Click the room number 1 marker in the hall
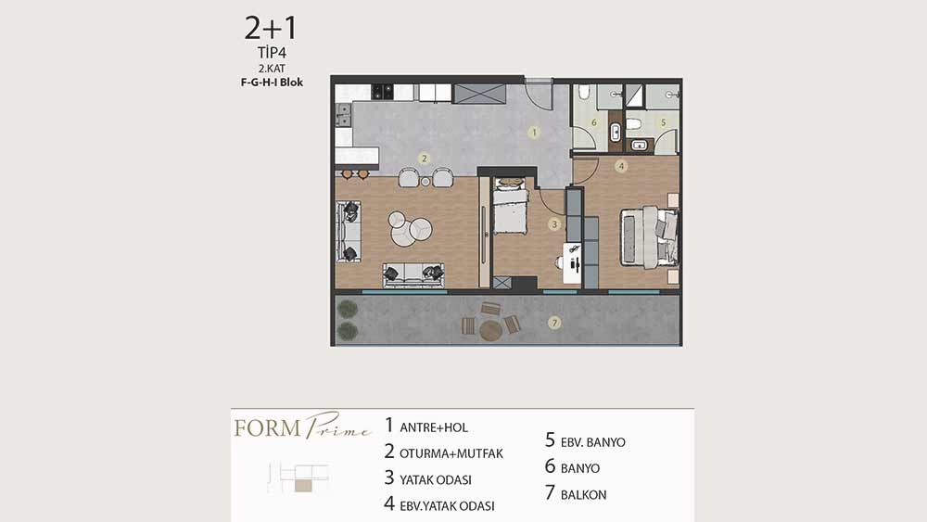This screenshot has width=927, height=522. pyautogui.click(x=534, y=133)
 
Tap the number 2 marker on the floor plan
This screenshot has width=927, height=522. pyautogui.click(x=424, y=159)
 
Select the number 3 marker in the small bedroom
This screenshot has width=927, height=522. pyautogui.click(x=554, y=224)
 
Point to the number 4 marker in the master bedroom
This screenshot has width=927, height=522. pyautogui.click(x=621, y=166)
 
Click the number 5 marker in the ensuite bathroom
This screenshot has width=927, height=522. pyautogui.click(x=663, y=122)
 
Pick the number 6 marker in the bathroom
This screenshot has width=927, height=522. pyautogui.click(x=593, y=123)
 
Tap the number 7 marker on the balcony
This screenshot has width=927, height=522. pyautogui.click(x=554, y=323)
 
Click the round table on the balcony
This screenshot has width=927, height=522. pyautogui.click(x=490, y=330)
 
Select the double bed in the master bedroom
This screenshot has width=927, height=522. pyautogui.click(x=649, y=236)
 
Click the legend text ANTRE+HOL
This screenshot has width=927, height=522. pyautogui.click(x=434, y=427)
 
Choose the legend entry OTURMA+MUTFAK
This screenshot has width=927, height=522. pyautogui.click(x=451, y=453)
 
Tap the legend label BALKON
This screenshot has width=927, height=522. pyautogui.click(x=583, y=495)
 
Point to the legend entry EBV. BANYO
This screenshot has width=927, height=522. pyautogui.click(x=593, y=442)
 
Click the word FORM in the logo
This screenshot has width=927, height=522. pyautogui.click(x=268, y=428)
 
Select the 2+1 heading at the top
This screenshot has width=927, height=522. pyautogui.click(x=271, y=29)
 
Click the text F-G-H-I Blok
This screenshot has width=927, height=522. pyautogui.click(x=272, y=83)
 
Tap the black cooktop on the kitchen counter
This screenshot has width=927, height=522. pyautogui.click(x=382, y=92)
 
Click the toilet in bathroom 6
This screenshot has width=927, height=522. pyautogui.click(x=584, y=92)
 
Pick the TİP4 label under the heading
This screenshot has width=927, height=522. pyautogui.click(x=272, y=53)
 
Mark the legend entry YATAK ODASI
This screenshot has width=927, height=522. pyautogui.click(x=436, y=480)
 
